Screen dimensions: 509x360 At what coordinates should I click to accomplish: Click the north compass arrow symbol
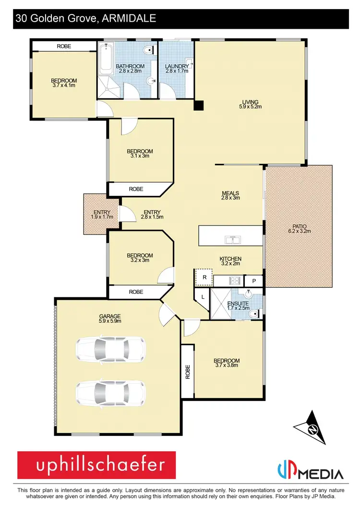tap(313, 428)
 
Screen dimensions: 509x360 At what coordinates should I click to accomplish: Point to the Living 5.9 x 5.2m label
tap(250, 104)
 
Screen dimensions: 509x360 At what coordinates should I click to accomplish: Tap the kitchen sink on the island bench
tap(231, 239)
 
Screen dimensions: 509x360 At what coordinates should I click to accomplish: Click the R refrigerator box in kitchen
tap(204, 278)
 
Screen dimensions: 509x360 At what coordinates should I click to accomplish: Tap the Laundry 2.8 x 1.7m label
tap(177, 69)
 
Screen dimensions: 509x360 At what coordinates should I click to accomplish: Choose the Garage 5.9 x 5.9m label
tap(110, 318)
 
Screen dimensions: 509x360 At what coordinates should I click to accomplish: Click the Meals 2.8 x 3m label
tap(230, 196)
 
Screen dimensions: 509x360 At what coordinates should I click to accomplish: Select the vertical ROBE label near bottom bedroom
tap(188, 372)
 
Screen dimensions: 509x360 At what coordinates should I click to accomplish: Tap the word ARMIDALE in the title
tap(129, 19)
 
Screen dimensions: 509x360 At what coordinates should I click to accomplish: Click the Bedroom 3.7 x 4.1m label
tap(64, 83)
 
